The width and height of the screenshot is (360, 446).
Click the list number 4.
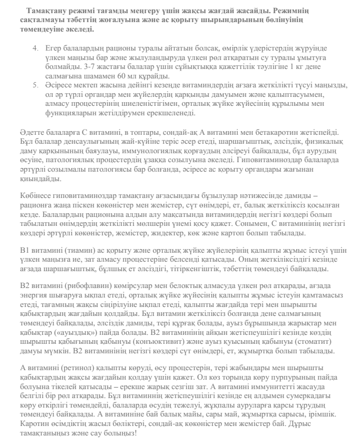[x=35, y=48]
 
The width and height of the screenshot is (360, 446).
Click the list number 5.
[x=35, y=85]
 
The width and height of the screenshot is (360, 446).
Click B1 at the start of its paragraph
[x=25, y=251]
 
